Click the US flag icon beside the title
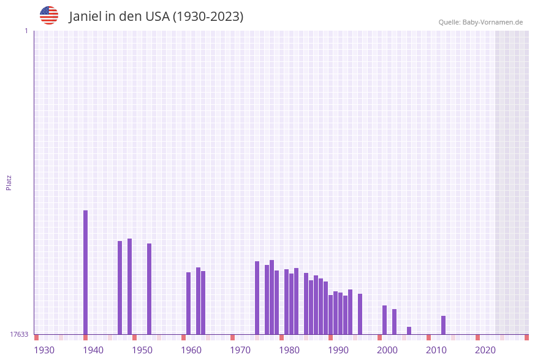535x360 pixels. [x=49, y=15]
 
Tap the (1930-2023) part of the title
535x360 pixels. [x=208, y=17]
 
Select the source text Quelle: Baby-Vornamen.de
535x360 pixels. [x=480, y=23]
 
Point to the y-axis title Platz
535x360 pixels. [x=9, y=182]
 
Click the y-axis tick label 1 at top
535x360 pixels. [x=26, y=31]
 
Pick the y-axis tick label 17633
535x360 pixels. [x=19, y=334]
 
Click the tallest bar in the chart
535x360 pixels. [x=85, y=272]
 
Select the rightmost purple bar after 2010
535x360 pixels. [x=443, y=325]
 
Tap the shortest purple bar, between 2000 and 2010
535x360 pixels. [x=409, y=331]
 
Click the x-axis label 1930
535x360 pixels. [x=44, y=350]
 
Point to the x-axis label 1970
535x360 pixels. [x=240, y=350]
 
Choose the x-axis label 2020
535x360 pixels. [x=485, y=350]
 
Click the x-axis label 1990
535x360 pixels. [x=338, y=350]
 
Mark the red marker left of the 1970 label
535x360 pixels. [x=232, y=337]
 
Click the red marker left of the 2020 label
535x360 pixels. [x=477, y=337]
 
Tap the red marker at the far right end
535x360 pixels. [x=526, y=337]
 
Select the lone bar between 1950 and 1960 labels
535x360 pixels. [x=149, y=289]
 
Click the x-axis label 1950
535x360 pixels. [x=142, y=350]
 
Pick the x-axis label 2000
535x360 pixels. [x=387, y=350]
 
